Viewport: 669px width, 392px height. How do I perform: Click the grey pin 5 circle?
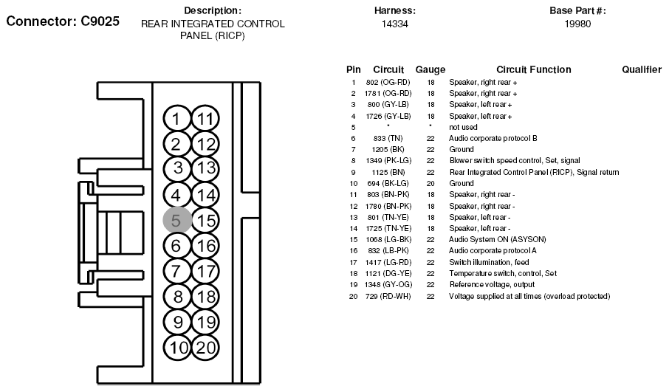177,221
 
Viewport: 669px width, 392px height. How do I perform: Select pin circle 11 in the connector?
205,119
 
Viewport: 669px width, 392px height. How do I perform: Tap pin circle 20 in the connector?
205,348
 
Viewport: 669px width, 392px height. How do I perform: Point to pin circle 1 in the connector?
176,119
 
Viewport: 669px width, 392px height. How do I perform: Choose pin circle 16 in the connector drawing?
205,246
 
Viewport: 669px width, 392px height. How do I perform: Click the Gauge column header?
430,69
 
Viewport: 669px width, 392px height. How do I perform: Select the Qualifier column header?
641,69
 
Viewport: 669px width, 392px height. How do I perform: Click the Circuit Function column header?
533,69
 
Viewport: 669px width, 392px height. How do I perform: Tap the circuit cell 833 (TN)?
388,138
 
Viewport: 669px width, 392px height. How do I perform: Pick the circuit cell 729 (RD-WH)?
388,296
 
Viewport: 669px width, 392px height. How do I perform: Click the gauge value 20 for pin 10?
430,183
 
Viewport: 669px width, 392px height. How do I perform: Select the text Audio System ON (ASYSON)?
498,239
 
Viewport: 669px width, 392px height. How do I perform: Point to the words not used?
463,127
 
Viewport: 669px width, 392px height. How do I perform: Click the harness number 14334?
394,24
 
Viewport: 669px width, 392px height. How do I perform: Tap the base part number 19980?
577,24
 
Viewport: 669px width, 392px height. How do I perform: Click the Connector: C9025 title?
63,21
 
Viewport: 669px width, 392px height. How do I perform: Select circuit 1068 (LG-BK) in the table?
388,239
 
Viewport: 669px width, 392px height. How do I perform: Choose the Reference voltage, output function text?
492,284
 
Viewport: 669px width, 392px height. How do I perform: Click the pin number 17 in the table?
353,262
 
